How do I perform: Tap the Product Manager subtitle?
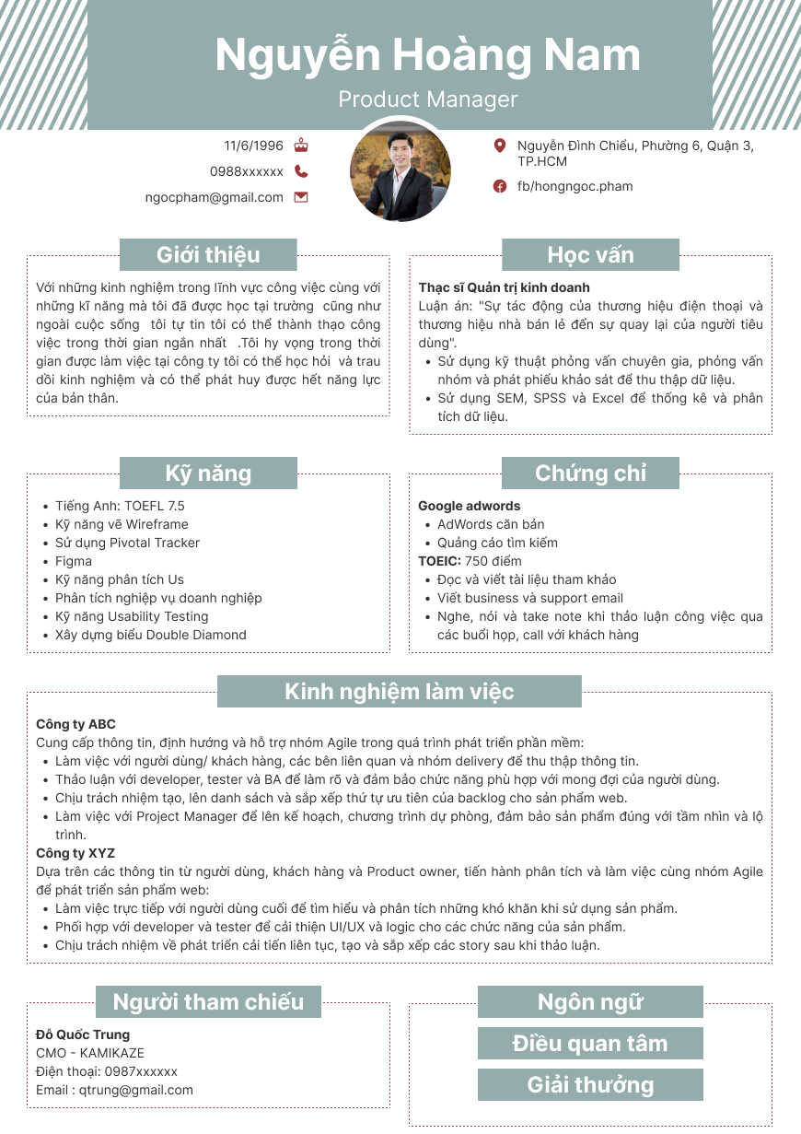[427, 99]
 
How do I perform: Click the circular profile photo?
[400, 170]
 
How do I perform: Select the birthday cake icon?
[301, 146]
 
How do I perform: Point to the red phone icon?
[301, 171]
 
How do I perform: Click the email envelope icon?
[301, 197]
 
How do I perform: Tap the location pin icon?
[500, 146]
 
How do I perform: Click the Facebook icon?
[500, 186]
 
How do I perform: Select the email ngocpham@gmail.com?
[215, 197]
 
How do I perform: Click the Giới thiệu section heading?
[208, 255]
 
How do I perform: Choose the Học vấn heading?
[590, 255]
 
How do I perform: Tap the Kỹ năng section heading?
[208, 473]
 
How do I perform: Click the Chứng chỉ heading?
[590, 473]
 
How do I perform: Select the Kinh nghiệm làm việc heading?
[399, 692]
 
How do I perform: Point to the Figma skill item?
[74, 561]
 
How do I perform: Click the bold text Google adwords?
[469, 506]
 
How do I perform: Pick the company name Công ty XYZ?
[75, 853]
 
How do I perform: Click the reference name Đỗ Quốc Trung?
[83, 1035]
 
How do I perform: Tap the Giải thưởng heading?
[590, 1085]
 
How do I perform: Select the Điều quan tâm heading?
[590, 1044]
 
